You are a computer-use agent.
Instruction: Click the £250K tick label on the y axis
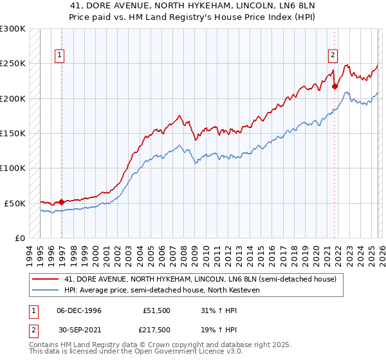click(x=13, y=64)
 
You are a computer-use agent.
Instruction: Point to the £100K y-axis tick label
click(x=13, y=168)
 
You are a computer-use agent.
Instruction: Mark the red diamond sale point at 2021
click(x=335, y=86)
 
